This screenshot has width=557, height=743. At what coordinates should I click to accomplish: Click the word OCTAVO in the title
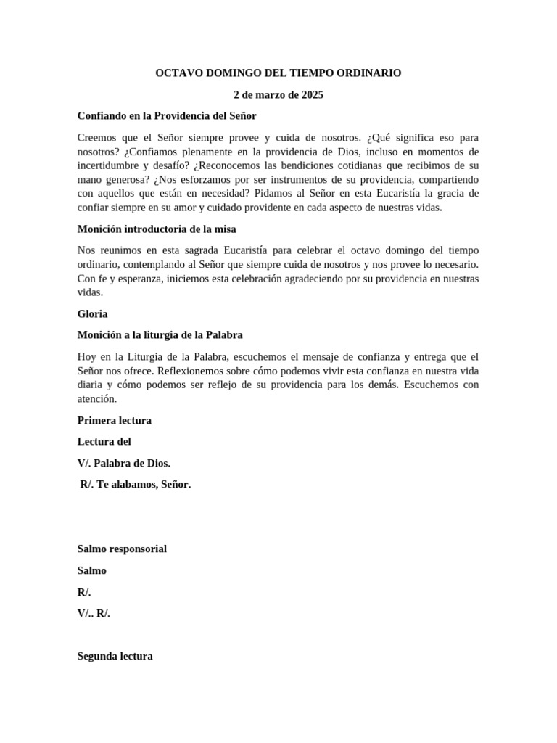coord(177,73)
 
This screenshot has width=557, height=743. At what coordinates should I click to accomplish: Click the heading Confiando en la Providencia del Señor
coord(167,116)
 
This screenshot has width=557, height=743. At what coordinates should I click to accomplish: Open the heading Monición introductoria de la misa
coord(157,229)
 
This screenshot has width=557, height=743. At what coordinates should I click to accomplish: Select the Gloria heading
coord(92,314)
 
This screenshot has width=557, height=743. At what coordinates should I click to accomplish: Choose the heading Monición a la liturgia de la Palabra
coord(160,335)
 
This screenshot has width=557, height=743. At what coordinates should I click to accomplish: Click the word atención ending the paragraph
coord(96,399)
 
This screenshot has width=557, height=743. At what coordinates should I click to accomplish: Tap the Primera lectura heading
coord(114,420)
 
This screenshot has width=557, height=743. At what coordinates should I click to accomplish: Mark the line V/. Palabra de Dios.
coord(124,463)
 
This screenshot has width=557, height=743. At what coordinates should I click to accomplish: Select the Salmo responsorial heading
coord(122,549)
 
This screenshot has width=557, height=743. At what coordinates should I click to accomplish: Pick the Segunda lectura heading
coord(115,656)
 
